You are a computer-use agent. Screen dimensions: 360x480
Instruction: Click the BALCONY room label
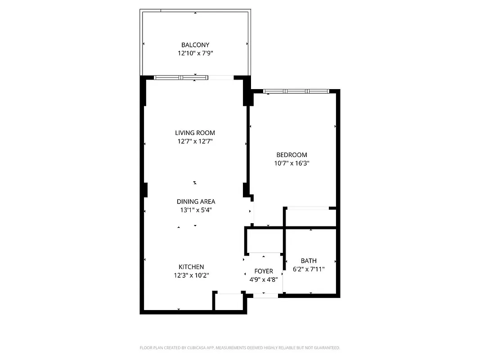click(x=195, y=45)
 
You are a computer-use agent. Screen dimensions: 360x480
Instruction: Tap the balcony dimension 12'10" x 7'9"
click(x=195, y=53)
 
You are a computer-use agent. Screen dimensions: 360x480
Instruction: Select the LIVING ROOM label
click(x=195, y=133)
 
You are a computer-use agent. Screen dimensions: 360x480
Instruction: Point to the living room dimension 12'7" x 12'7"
click(x=195, y=141)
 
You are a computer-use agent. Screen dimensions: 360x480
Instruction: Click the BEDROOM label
click(x=292, y=155)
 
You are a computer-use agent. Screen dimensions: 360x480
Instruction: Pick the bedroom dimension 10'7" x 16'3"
click(x=292, y=163)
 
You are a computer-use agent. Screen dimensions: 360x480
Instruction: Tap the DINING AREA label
click(x=196, y=202)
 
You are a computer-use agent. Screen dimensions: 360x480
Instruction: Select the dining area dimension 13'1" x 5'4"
click(x=196, y=210)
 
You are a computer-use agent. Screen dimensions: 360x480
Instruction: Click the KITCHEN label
click(x=191, y=267)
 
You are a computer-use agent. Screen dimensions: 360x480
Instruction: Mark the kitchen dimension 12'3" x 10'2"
click(x=191, y=275)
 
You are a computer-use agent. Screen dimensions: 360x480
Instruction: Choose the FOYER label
click(x=264, y=271)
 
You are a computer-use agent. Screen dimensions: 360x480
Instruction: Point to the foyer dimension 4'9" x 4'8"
click(x=264, y=279)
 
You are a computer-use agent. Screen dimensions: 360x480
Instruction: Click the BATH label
click(x=309, y=261)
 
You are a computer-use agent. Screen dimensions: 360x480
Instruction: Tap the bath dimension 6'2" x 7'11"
click(x=309, y=269)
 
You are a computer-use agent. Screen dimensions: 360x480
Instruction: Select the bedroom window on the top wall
click(x=296, y=91)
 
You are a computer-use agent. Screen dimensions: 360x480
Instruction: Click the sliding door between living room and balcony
click(x=181, y=78)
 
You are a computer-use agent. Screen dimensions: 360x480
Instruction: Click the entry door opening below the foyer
click(x=265, y=295)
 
